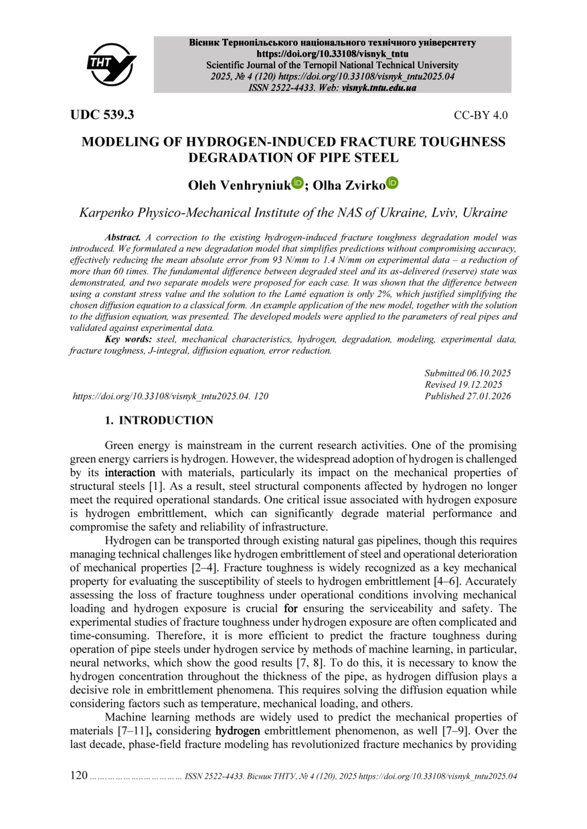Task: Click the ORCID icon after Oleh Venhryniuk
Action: [297, 183]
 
